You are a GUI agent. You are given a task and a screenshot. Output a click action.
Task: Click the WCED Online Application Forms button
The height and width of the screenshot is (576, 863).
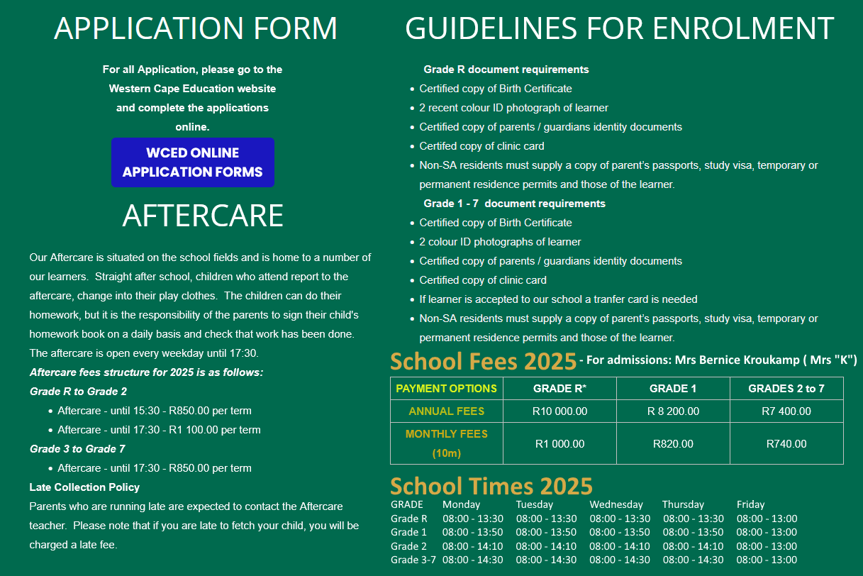(192, 162)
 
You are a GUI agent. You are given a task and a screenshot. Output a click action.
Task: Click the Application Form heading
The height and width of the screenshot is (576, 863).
(196, 28)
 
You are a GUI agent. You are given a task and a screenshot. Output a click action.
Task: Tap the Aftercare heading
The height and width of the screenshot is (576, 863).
(203, 216)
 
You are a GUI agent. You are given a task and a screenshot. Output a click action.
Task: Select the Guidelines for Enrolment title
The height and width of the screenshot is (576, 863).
(619, 28)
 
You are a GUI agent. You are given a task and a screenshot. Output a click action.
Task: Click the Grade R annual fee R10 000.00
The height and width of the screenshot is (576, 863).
(559, 411)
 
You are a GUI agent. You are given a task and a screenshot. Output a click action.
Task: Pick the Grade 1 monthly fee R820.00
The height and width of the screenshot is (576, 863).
(673, 444)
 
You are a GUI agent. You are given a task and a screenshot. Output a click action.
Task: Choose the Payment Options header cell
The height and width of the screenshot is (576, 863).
(447, 389)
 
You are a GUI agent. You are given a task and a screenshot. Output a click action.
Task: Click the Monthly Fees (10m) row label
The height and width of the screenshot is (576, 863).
(447, 443)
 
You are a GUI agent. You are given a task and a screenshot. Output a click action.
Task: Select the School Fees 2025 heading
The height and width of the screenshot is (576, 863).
(483, 362)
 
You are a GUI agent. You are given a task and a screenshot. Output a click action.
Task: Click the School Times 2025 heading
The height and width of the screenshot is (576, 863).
(491, 487)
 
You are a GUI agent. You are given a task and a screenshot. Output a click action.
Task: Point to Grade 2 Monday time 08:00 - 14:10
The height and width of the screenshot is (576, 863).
(472, 546)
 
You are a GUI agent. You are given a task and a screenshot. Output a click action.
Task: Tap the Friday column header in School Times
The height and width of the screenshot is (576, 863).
(750, 504)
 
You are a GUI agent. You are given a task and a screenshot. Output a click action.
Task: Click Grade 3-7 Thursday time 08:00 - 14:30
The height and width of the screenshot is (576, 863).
(694, 560)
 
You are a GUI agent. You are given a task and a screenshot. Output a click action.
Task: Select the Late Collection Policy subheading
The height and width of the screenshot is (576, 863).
(84, 487)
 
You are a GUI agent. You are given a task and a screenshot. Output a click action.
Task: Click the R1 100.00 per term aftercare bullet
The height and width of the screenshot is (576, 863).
(159, 430)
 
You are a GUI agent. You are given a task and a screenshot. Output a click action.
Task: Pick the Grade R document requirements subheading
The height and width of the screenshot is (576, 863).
(506, 70)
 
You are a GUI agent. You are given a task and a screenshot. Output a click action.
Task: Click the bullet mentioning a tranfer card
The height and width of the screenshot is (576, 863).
(558, 299)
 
